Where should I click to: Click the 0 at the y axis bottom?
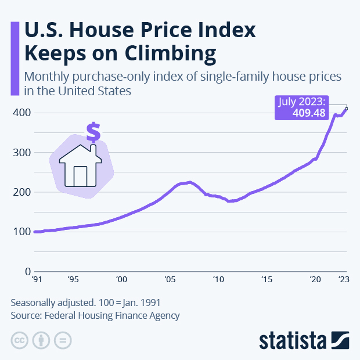tap(27, 271)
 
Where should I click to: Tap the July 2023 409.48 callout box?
tap(302, 108)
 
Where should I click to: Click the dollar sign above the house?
tap(92, 132)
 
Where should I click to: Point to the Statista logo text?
tap(294, 340)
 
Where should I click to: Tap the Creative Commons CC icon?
tap(19, 340)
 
